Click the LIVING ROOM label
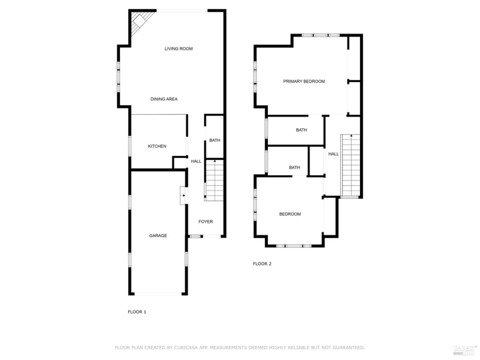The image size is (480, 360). (179, 49)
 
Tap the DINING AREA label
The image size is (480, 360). (164, 99)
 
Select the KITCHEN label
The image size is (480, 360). (157, 146)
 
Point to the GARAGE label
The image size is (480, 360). (158, 236)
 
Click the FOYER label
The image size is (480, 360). (205, 221)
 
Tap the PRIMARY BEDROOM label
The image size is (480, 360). (304, 81)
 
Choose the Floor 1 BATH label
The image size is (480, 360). (215, 140)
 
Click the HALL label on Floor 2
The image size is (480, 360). (333, 154)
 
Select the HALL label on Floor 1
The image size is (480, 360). (196, 161)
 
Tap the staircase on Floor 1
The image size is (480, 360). (214, 180)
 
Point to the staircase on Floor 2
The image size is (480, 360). (351, 165)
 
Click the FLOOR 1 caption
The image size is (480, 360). (137, 312)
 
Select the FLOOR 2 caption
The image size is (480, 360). (262, 264)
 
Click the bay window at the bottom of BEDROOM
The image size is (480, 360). (294, 246)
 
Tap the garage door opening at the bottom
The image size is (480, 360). (158, 293)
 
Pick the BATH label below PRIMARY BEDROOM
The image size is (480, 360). (301, 130)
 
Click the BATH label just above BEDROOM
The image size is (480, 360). (294, 167)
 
